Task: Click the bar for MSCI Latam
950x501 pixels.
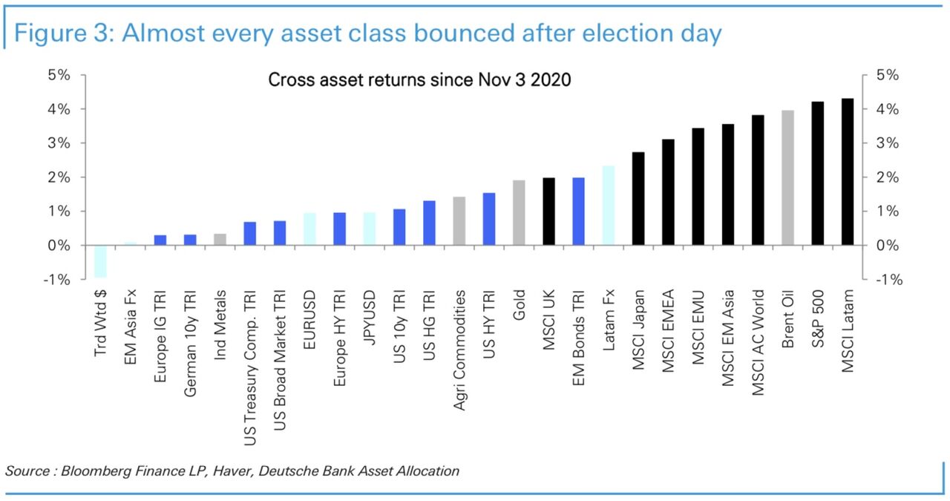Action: [x=848, y=171]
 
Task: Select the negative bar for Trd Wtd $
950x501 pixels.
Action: [x=100, y=261]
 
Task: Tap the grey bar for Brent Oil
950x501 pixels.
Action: [x=788, y=178]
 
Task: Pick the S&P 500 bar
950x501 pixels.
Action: [x=818, y=173]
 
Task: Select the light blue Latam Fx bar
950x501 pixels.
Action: [x=609, y=206]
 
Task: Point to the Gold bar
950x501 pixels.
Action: [x=519, y=212]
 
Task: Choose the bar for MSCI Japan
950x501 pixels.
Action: [x=638, y=198]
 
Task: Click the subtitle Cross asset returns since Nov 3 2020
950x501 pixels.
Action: [x=419, y=80]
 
